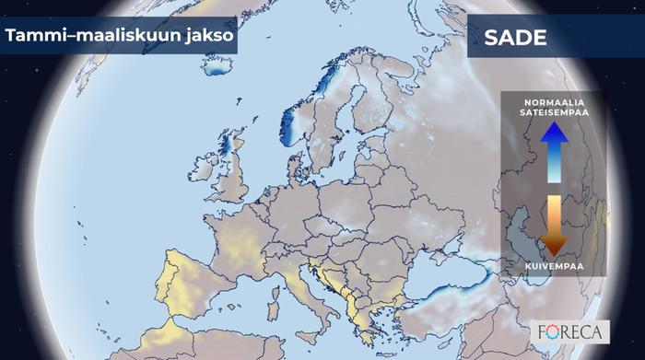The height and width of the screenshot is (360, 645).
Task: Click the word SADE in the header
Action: click(516, 39)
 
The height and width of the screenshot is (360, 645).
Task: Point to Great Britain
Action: click(232, 175)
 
